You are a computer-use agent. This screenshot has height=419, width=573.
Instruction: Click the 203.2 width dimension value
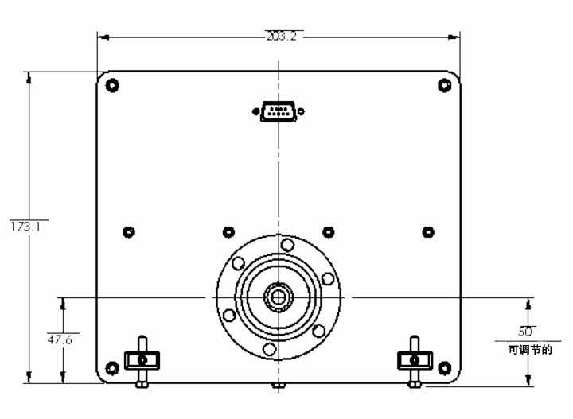coord(282,36)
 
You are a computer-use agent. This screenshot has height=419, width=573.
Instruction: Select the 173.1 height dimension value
coord(25,227)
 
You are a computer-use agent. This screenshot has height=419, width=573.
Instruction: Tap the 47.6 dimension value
coord(60,339)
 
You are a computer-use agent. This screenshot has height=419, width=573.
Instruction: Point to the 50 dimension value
coord(525,332)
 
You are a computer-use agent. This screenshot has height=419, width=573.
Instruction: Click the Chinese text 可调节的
coord(530,350)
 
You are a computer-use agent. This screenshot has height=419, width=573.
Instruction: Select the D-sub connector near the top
coord(279,111)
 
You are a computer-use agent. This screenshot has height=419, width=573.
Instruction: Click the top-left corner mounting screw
coord(112,85)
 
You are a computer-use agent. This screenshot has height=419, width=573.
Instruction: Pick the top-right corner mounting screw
coord(444,85)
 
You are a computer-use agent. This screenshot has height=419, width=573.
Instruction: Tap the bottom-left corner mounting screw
coord(112,368)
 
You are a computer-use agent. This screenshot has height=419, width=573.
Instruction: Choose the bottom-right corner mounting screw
coord(444,368)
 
